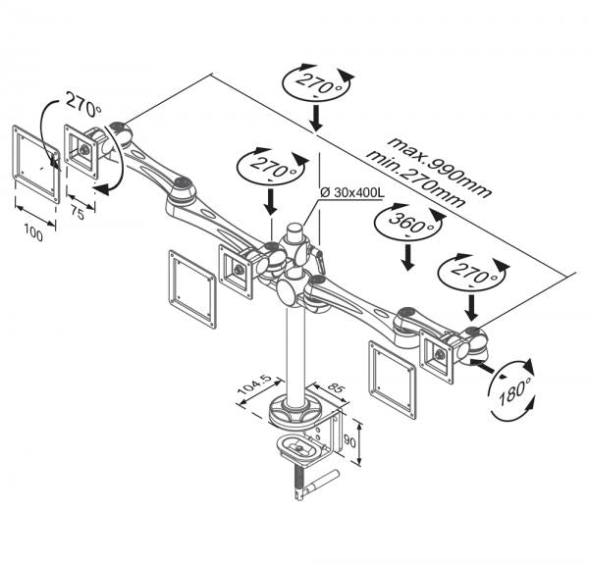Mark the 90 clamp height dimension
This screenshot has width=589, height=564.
(362, 441)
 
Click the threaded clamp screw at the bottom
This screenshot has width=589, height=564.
(295, 485)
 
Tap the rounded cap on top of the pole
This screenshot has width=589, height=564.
(292, 236)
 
